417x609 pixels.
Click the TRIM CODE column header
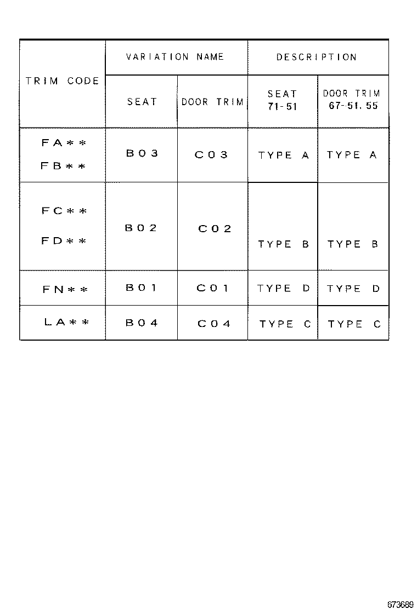tap(62, 81)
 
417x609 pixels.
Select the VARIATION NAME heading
tap(175, 57)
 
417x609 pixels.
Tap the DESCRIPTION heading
tap(317, 57)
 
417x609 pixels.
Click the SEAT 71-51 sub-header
tap(283, 100)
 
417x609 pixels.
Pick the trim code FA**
tap(64, 143)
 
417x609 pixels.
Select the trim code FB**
tap(64, 166)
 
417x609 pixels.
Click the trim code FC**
tap(64, 211)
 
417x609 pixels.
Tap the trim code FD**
tap(64, 240)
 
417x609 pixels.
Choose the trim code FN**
tap(65, 289)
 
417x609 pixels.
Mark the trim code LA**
tap(66, 321)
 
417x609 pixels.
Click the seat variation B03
tap(142, 153)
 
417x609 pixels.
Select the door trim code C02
tap(215, 229)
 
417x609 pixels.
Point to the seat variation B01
tap(141, 288)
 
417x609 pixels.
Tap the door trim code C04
tap(214, 324)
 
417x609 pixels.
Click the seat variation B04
tap(142, 323)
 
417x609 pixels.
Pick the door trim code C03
tap(211, 154)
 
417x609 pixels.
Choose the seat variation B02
tap(141, 228)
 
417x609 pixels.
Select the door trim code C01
tap(212, 288)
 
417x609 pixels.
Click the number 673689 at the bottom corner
tap(400, 604)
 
